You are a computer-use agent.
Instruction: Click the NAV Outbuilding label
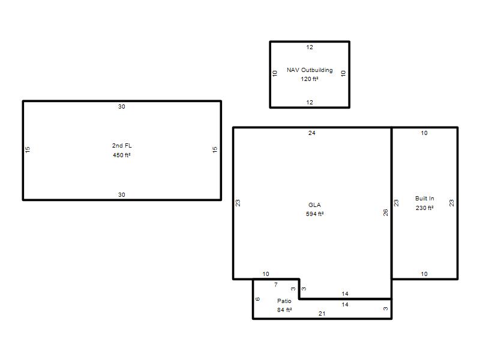point(310,70)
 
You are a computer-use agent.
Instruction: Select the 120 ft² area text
point(310,79)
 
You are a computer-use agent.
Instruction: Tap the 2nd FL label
point(122,146)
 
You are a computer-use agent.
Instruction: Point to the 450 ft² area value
point(122,155)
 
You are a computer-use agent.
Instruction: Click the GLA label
point(314,205)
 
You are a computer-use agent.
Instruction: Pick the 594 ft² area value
point(314,214)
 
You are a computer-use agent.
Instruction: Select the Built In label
point(425,199)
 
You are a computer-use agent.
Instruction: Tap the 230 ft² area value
point(425,208)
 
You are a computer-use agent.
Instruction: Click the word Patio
point(284,301)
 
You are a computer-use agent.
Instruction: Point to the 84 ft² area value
point(284,310)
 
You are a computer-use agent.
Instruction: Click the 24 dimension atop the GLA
point(312,133)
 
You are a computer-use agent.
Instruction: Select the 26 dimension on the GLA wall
point(386,212)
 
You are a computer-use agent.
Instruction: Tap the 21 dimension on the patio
point(322,313)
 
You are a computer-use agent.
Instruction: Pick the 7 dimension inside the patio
point(276,284)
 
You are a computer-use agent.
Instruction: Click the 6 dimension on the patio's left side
point(258,299)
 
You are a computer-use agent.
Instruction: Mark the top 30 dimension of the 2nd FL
point(122,107)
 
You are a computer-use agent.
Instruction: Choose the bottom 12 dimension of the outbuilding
point(310,102)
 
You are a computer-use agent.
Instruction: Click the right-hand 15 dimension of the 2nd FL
point(215,149)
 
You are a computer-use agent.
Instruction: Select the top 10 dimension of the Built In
point(424,133)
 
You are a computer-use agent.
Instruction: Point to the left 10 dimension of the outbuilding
point(275,73)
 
